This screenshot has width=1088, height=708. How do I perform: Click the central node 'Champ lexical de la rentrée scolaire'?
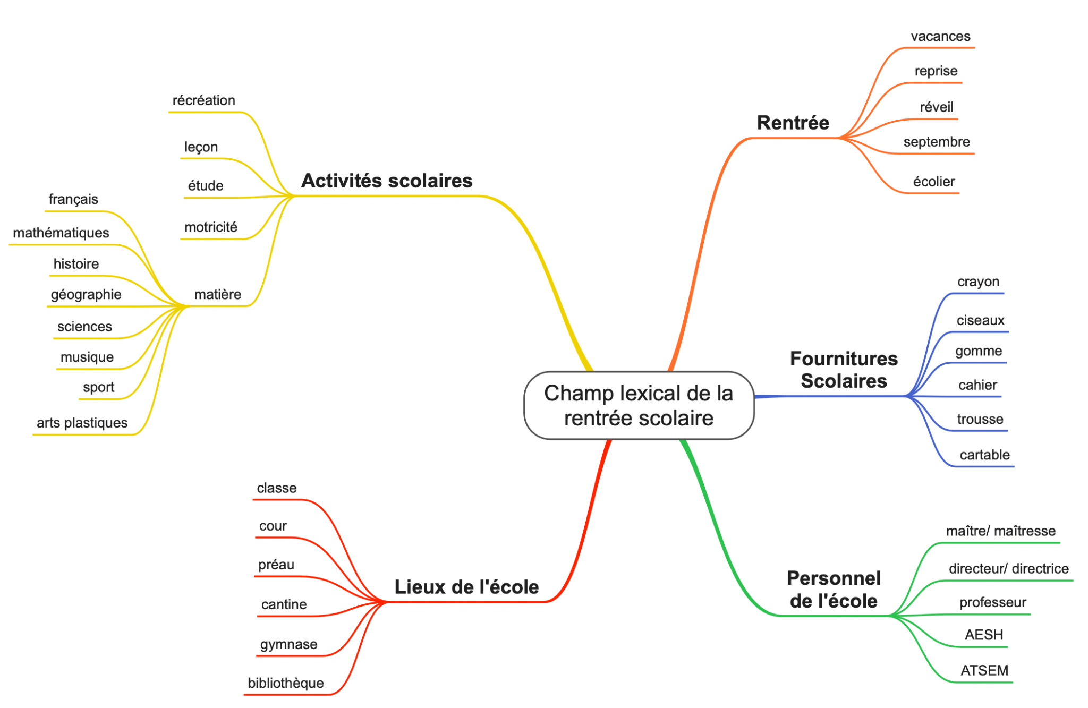click(639, 405)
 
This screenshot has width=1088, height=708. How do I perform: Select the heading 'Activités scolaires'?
click(387, 181)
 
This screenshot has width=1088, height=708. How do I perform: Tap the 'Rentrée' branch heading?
click(793, 123)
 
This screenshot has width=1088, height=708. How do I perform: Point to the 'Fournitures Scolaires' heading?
click(844, 370)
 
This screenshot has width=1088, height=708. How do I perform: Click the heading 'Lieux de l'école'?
click(466, 587)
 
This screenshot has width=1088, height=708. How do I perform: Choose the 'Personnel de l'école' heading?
click(834, 590)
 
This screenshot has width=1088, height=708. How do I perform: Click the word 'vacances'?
click(940, 36)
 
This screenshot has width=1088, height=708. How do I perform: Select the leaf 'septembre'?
click(937, 142)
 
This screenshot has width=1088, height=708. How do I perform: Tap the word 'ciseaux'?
click(980, 320)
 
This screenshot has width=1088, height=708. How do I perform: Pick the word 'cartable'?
click(984, 455)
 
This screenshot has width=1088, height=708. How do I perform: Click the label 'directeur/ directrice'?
click(1008, 569)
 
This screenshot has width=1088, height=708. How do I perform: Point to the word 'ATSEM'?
click(984, 670)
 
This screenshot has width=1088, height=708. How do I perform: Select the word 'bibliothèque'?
click(286, 683)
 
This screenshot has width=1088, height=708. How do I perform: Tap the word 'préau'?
click(276, 565)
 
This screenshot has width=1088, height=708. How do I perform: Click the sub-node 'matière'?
click(218, 294)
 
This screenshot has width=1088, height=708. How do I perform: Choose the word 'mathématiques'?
click(61, 233)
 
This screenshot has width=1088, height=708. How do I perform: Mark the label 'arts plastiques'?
click(82, 423)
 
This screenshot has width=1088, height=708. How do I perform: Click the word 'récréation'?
click(204, 100)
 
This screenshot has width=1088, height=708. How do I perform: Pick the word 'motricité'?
click(211, 227)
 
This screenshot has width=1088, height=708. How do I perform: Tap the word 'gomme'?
click(979, 351)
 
